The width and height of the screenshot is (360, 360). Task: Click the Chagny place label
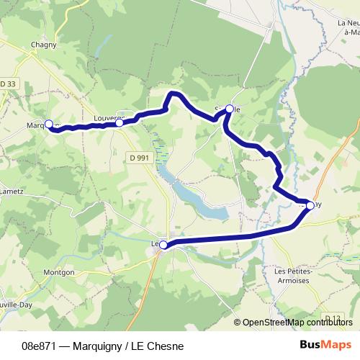click(x=39, y=45)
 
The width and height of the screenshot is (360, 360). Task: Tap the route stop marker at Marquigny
click(x=49, y=124)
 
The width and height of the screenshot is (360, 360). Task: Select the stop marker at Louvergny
click(x=120, y=123)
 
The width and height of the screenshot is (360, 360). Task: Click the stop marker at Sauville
click(x=230, y=109)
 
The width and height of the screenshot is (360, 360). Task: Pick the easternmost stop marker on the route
click(x=310, y=206)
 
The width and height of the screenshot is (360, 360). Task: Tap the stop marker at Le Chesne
click(x=163, y=245)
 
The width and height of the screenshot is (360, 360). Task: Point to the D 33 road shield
click(x=7, y=84)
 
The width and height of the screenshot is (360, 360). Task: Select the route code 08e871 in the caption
click(x=40, y=346)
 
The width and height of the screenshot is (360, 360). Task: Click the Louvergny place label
click(x=108, y=116)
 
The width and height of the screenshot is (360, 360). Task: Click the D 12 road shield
click(x=331, y=318)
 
